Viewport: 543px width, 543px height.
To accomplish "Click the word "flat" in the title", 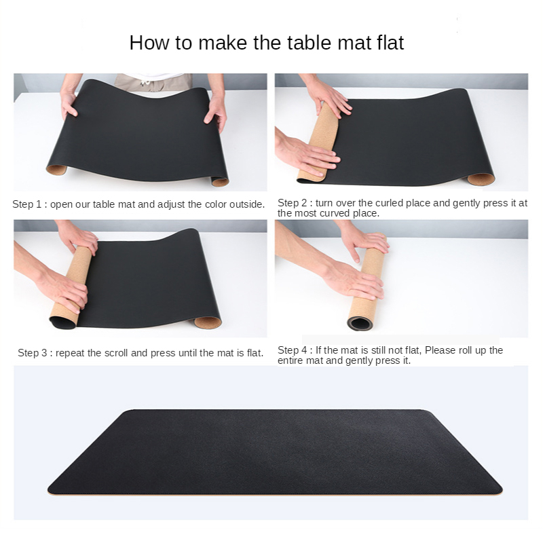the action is (390, 43).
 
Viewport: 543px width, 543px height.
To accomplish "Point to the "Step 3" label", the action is (32, 353).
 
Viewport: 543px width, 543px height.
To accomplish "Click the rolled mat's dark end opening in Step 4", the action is (360, 324).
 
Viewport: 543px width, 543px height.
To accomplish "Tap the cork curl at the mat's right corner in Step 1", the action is (220, 181).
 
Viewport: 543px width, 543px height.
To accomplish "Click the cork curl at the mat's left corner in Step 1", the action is (56, 169).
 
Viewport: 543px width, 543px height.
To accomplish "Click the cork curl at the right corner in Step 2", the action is (481, 179).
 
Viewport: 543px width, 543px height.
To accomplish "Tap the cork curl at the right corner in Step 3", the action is (208, 322).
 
